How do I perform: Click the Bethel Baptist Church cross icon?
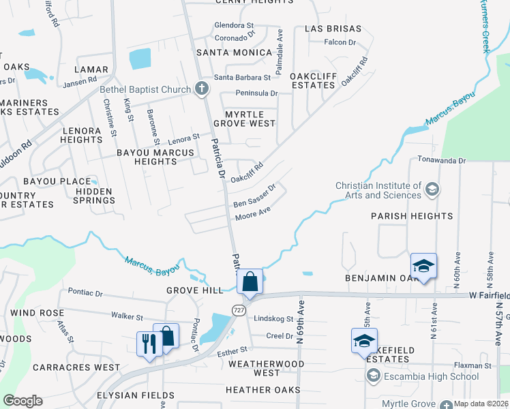coord(201,89)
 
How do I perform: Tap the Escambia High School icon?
coord(373,376)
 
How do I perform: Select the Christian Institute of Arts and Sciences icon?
coord(431,187)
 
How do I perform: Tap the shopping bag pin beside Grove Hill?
coord(250,282)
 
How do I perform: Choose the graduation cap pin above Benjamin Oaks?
coord(423,267)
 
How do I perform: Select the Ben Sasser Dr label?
coord(254,196)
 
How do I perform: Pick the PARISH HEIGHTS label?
coord(412,216)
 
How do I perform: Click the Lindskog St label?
coord(273,318)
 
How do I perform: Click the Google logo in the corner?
coord(22,400)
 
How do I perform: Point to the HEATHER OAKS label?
coord(265,390)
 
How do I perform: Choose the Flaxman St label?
coord(473,366)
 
